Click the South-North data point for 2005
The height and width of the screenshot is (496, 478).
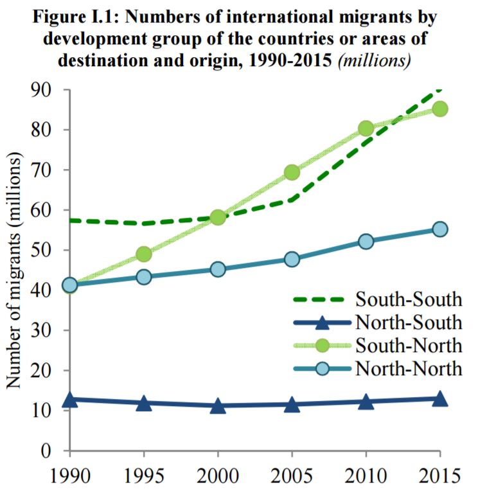292,172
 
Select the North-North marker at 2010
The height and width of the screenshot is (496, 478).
366,242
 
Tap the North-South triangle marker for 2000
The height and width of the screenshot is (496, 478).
218,406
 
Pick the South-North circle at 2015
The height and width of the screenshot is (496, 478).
440,109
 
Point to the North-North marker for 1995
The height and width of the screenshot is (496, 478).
144,277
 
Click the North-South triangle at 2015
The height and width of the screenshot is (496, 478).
440,398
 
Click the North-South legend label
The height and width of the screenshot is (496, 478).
408,321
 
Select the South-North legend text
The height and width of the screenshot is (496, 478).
408,345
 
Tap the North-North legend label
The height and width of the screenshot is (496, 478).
408,369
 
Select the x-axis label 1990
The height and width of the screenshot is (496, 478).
71,477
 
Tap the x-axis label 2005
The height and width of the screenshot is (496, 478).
292,477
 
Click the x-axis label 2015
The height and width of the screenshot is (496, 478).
439,477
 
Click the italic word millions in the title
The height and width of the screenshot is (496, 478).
379,62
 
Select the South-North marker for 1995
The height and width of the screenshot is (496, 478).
144,254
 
